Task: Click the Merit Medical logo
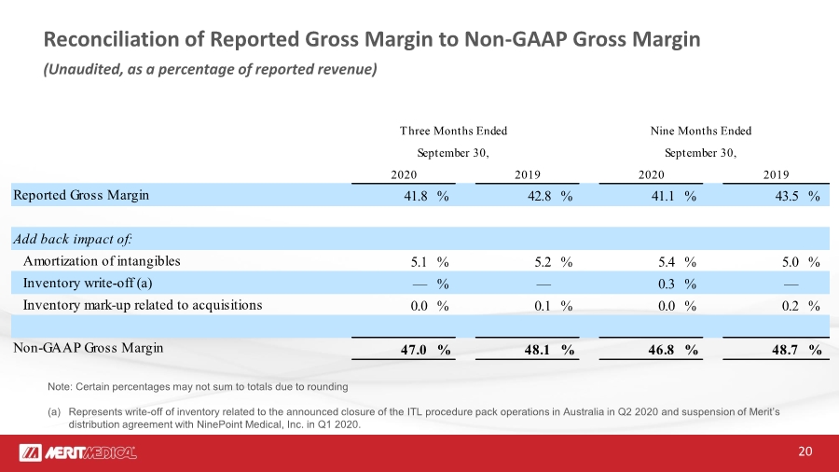click(x=77, y=452)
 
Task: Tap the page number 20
click(x=805, y=451)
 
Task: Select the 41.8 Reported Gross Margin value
click(x=415, y=197)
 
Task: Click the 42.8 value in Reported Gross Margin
click(x=540, y=197)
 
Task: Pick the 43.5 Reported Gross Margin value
click(x=787, y=197)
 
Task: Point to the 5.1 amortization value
click(x=419, y=262)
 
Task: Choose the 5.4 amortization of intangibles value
click(x=667, y=262)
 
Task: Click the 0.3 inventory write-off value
click(x=667, y=284)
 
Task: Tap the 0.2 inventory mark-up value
click(x=791, y=306)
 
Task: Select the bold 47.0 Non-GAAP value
click(x=414, y=350)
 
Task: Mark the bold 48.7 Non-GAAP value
click(x=785, y=350)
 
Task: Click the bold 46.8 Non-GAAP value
click(x=661, y=350)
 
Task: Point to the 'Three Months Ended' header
click(x=453, y=132)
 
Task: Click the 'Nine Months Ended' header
click(x=701, y=132)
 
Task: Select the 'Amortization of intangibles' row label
click(x=102, y=261)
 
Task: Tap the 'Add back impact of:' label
click(x=73, y=239)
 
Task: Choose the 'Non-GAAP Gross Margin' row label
click(x=89, y=348)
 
